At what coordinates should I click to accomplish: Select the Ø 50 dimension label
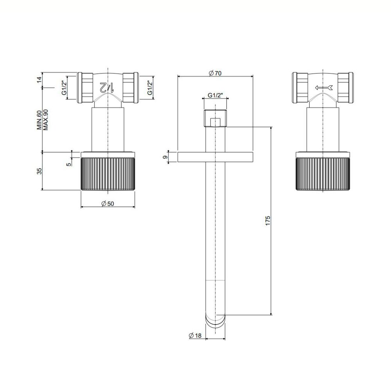click(108, 203)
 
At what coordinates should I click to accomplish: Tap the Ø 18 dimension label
click(195, 335)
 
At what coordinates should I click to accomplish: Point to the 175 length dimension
click(267, 221)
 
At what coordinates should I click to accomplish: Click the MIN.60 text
click(39, 120)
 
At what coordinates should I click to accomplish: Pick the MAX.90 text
click(45, 120)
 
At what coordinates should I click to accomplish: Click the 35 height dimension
click(39, 171)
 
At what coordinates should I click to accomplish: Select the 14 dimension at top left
click(39, 80)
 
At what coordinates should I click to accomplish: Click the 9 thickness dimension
click(164, 157)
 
